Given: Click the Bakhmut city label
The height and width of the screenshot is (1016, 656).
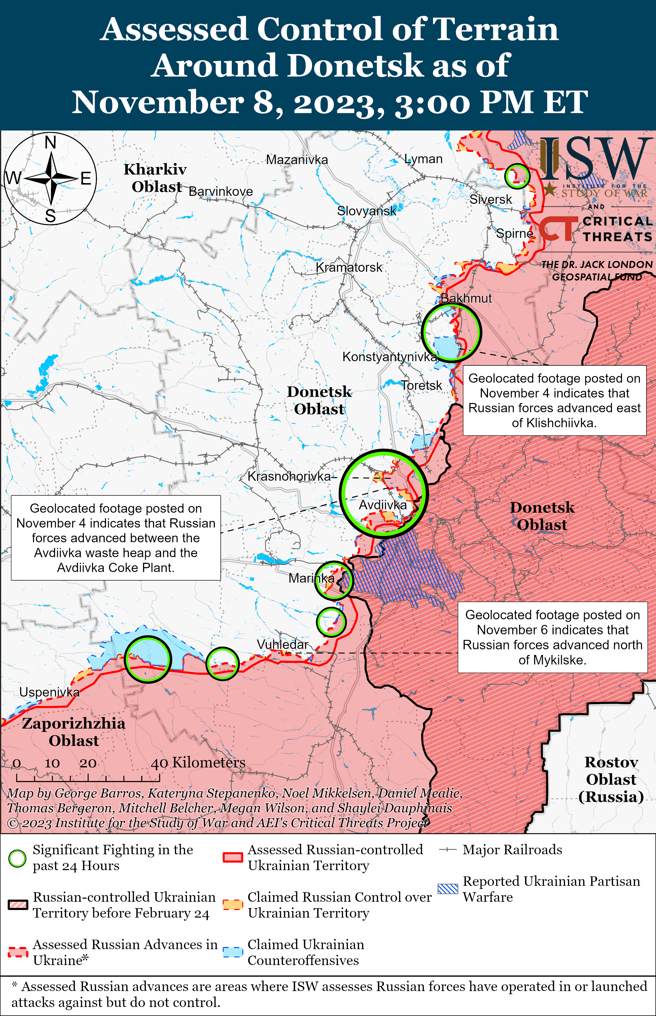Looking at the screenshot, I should pyautogui.click(x=466, y=298).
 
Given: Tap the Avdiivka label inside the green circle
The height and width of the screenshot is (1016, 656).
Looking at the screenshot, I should pyautogui.click(x=383, y=505).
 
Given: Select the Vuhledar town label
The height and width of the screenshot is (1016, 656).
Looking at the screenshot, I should pyautogui.click(x=282, y=645).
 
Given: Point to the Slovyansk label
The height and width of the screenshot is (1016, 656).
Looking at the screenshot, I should pyautogui.click(x=366, y=211).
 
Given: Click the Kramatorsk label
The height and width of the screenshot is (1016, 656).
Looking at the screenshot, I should pyautogui.click(x=349, y=268).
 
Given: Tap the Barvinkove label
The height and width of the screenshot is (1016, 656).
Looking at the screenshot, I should pyautogui.click(x=221, y=192).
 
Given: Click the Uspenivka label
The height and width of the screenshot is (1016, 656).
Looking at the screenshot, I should pyautogui.click(x=49, y=692).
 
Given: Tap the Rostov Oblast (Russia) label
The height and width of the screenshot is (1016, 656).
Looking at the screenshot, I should pyautogui.click(x=611, y=779).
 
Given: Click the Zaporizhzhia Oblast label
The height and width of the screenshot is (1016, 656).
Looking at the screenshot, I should pyautogui.click(x=74, y=732).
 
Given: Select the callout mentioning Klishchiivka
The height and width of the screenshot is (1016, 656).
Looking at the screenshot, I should pyautogui.click(x=554, y=400).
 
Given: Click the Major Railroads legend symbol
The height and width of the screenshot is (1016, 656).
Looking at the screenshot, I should pyautogui.click(x=448, y=850).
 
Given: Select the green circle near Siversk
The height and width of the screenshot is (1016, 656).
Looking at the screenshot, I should pyautogui.click(x=517, y=176).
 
